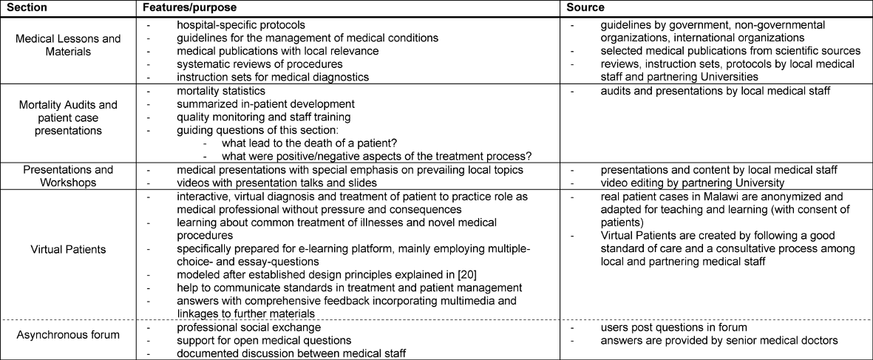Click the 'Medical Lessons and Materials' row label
(x=66, y=44)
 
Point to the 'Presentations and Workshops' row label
(x=66, y=176)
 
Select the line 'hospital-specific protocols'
(x=241, y=24)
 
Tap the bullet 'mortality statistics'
(x=221, y=91)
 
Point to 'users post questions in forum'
(x=673, y=326)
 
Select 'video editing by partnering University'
(x=692, y=182)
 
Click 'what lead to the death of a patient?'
(x=305, y=143)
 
